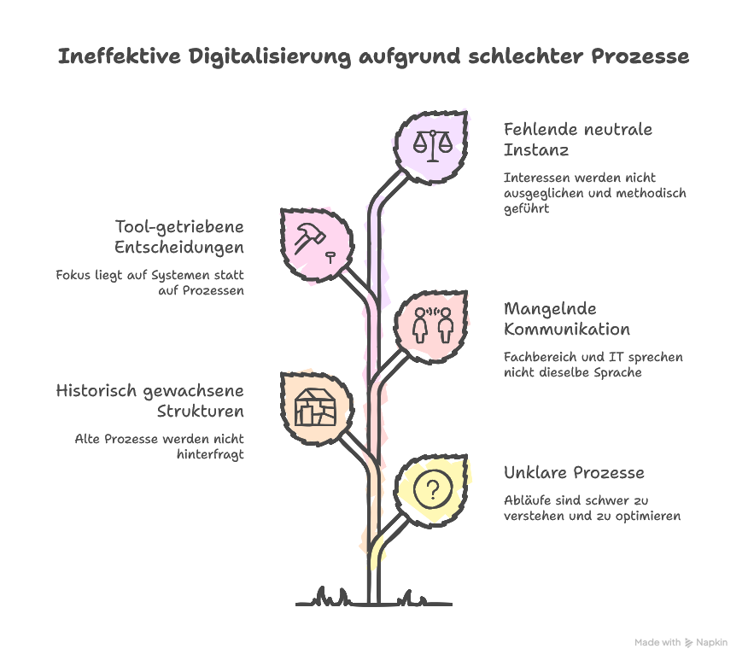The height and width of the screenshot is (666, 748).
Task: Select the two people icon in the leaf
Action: [x=433, y=324]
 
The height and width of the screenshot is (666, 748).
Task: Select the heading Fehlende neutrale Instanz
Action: [x=577, y=140]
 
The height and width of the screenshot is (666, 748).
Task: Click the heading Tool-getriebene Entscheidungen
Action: [x=179, y=237]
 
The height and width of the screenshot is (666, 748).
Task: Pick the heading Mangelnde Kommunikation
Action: [x=567, y=318]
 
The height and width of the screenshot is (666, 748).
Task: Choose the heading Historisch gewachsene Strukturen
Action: [x=150, y=400]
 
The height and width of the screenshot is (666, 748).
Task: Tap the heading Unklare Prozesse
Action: [x=574, y=472]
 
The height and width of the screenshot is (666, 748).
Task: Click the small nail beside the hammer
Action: [x=330, y=254]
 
